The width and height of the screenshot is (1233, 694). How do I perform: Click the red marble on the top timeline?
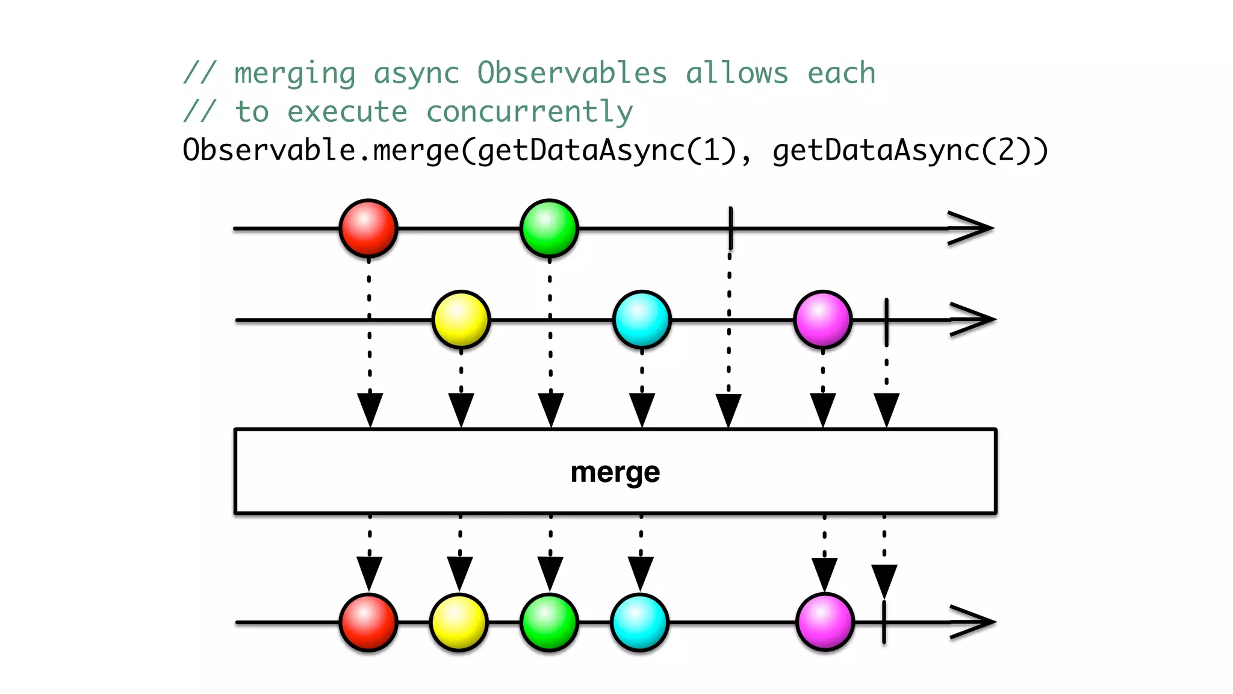[x=368, y=228]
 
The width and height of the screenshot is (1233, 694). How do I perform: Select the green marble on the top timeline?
[x=549, y=228]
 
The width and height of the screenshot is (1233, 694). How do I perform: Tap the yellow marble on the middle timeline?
[x=461, y=320]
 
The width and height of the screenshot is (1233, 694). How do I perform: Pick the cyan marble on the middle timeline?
[x=642, y=320]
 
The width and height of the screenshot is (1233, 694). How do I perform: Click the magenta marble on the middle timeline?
[x=823, y=320]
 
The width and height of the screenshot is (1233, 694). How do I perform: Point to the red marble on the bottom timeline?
[x=368, y=622]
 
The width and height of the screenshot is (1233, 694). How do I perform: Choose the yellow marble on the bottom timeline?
[x=459, y=622]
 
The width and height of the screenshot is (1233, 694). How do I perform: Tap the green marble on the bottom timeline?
[x=549, y=622]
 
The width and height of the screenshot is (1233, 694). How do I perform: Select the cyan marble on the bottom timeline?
[x=639, y=622]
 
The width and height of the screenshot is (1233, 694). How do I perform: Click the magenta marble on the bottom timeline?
[x=825, y=622]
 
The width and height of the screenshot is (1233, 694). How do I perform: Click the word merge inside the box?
[x=615, y=472]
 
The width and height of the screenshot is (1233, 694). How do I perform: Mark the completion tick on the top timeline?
[x=731, y=228]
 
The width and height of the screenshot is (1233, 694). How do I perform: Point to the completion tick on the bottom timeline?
[x=884, y=622]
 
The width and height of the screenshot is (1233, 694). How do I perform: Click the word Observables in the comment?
[x=572, y=73]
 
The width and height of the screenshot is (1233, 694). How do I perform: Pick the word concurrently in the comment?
[x=529, y=112]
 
